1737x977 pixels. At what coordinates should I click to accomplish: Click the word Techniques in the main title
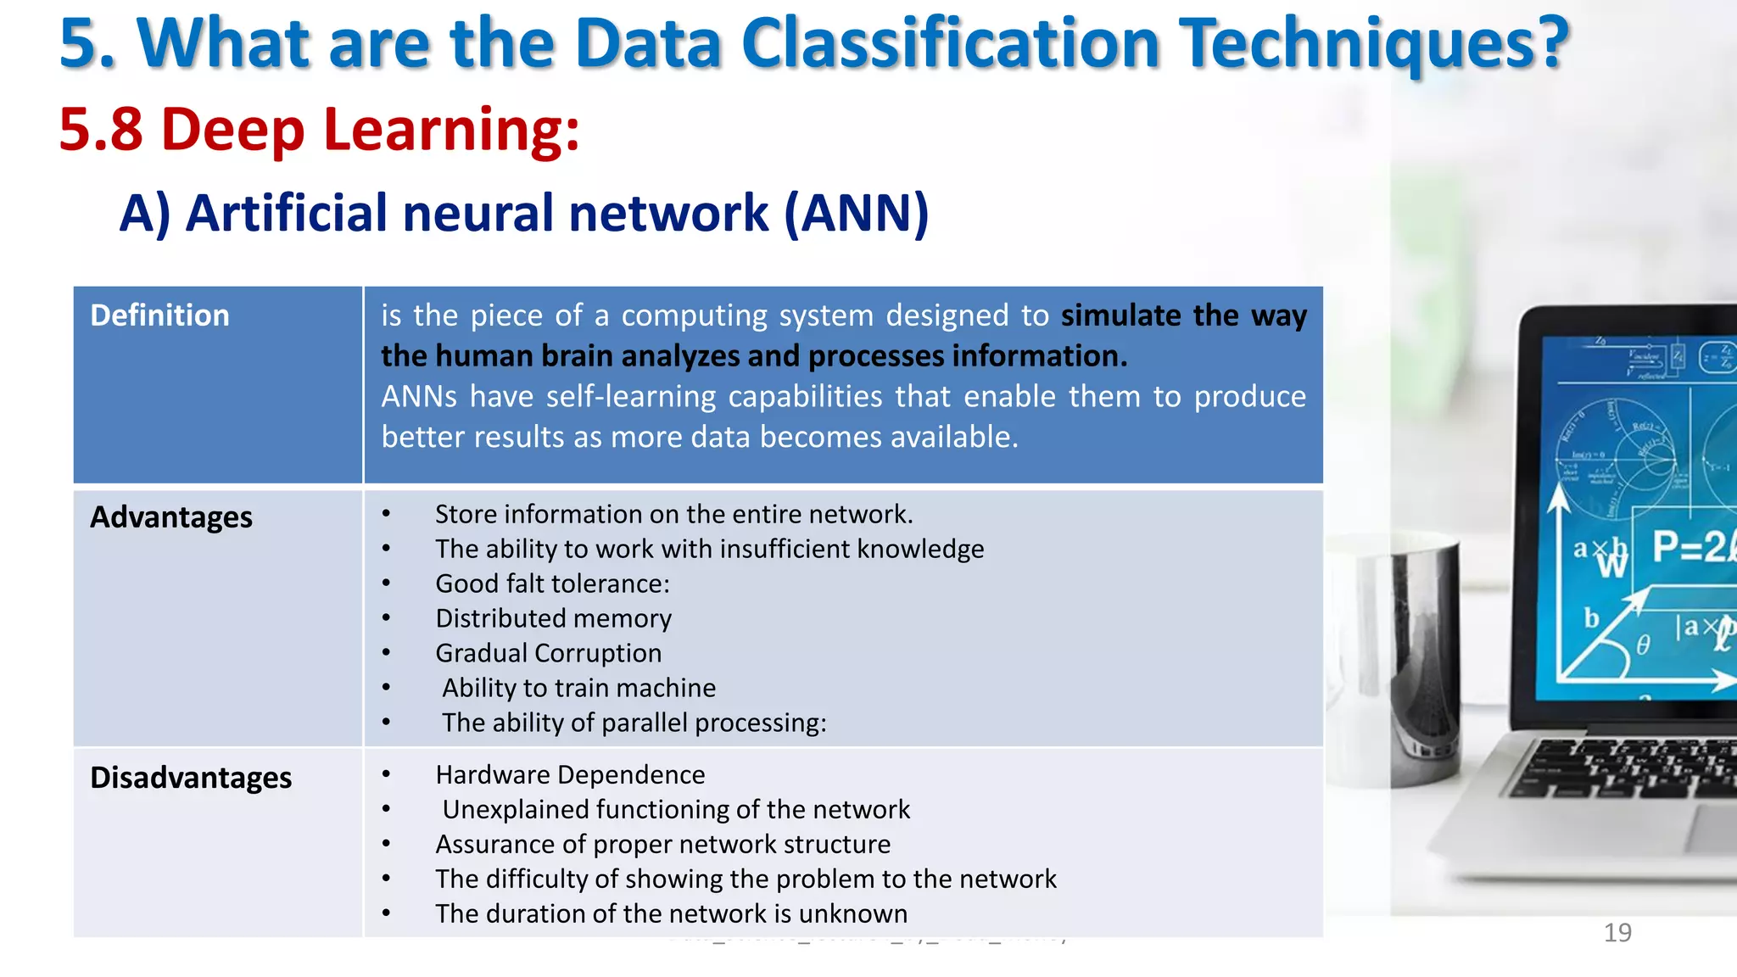tap(1374, 44)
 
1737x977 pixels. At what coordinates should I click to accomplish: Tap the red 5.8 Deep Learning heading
tap(319, 131)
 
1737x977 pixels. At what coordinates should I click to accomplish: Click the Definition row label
tap(159, 315)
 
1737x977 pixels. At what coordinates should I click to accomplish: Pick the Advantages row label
tap(171, 517)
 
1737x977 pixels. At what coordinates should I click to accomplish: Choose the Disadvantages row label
tap(191, 778)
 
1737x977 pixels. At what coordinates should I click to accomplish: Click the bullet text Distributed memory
tap(553, 618)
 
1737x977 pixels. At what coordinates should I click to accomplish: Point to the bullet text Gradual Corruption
tap(548, 653)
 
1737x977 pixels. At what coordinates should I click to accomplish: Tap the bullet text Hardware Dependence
tap(570, 774)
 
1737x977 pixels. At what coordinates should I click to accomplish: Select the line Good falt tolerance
tap(552, 583)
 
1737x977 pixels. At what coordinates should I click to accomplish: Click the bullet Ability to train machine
tap(578, 688)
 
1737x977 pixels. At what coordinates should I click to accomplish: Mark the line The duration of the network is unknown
tap(671, 913)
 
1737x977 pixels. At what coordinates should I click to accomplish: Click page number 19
tap(1617, 933)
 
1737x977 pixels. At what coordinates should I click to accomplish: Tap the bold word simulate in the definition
tap(1120, 315)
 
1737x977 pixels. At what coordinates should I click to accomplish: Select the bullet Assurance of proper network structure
tap(662, 844)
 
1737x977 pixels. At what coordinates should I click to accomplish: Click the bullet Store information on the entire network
tap(673, 514)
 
